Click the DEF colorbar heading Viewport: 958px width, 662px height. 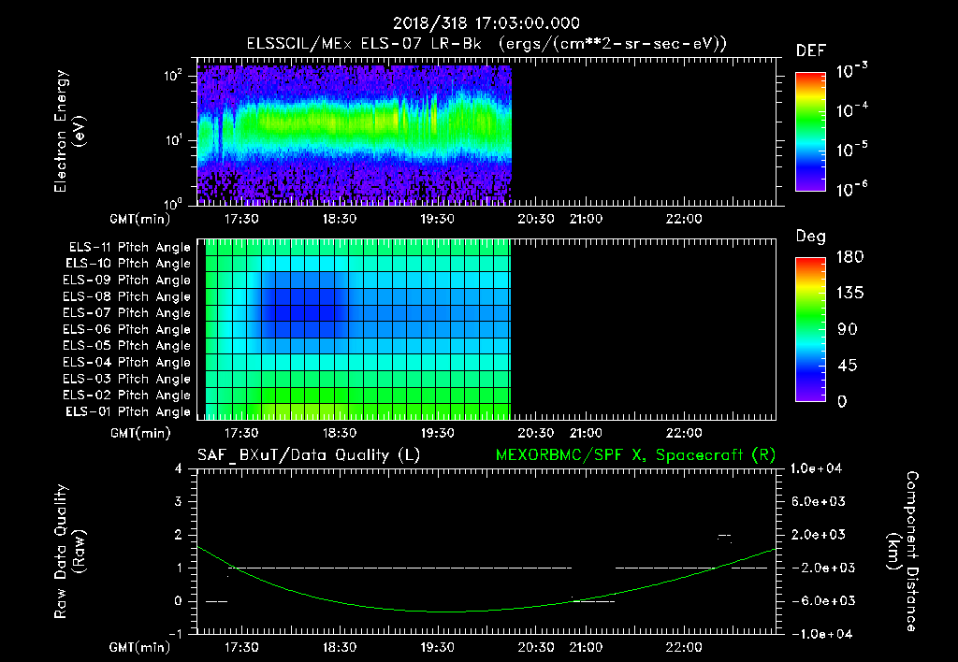click(x=810, y=50)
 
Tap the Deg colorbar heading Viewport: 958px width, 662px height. click(x=810, y=237)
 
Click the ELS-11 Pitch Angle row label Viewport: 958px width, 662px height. click(x=129, y=247)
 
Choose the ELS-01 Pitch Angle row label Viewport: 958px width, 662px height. click(x=129, y=411)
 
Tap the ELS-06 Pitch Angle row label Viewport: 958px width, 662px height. click(x=129, y=329)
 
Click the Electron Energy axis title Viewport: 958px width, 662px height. click(x=70, y=133)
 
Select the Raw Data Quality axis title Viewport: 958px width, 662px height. click(x=70, y=551)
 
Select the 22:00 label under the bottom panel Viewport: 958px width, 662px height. click(x=684, y=647)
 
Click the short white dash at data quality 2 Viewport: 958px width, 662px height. click(x=723, y=536)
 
